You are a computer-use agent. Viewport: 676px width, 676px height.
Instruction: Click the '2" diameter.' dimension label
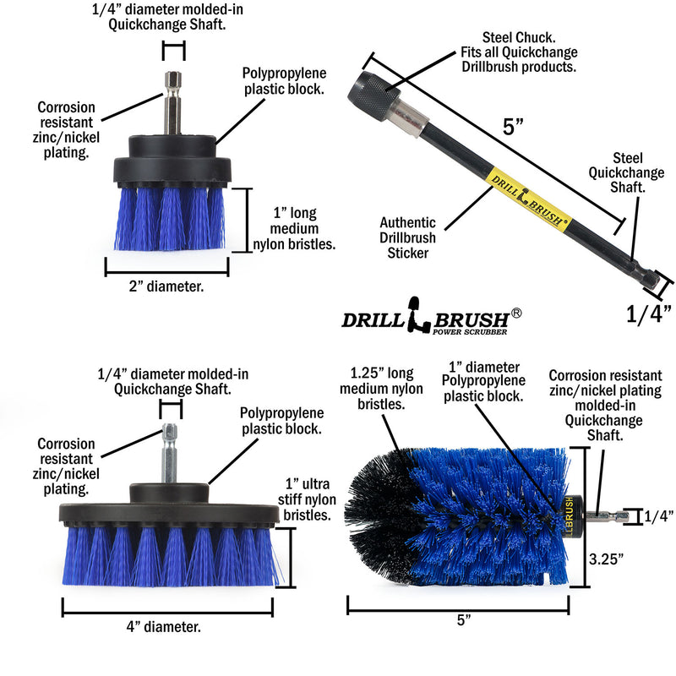[x=166, y=286]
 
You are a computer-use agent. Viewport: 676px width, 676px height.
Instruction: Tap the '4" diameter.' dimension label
[x=166, y=627]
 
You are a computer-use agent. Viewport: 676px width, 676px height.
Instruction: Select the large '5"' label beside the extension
[x=514, y=128]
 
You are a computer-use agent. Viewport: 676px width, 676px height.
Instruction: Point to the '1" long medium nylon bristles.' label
[x=295, y=228]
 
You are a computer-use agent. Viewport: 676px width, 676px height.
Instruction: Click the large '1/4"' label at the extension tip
[x=648, y=314]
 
